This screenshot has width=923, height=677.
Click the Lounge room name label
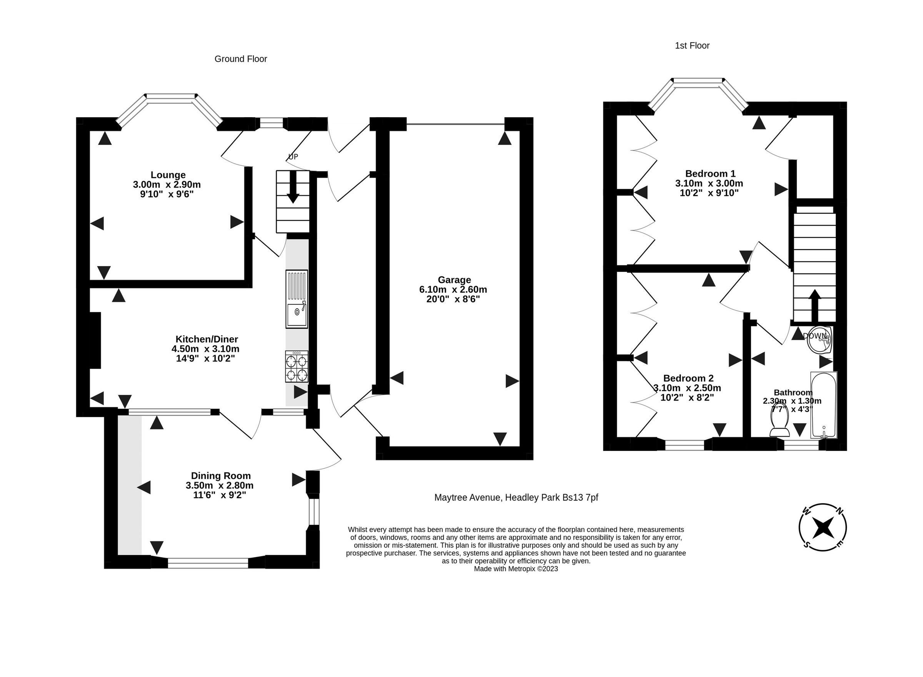(168, 175)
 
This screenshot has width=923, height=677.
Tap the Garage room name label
(454, 280)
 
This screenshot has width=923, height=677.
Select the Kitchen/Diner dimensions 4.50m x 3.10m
(205, 349)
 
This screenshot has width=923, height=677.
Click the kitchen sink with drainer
(297, 299)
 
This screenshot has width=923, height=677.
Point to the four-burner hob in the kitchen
(297, 367)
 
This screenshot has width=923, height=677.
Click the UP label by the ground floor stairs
(293, 156)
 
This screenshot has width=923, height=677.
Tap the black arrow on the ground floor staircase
(293, 187)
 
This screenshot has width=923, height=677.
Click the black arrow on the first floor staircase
(815, 305)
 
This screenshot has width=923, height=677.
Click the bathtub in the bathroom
(823, 405)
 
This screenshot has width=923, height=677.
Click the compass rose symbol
(823, 527)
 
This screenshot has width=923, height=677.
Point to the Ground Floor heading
(241, 59)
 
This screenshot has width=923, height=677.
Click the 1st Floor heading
(692, 45)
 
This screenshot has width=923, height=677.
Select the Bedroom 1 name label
(710, 173)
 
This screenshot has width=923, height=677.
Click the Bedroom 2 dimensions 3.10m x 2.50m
(687, 388)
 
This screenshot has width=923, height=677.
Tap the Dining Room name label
(220, 476)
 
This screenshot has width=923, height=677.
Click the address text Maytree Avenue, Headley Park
(516, 497)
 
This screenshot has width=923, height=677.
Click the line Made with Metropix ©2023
(516, 569)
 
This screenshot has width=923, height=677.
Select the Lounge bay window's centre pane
(170, 96)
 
